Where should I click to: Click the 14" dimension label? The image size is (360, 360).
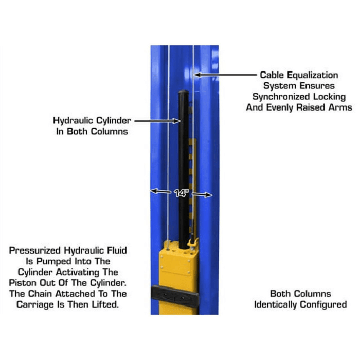coord(181,193)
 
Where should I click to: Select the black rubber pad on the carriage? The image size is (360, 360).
coord(174,297)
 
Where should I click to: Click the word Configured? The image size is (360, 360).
coord(327,304)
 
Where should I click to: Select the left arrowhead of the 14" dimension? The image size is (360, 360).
coord(152,191)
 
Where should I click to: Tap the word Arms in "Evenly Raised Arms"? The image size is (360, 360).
coord(340,107)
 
